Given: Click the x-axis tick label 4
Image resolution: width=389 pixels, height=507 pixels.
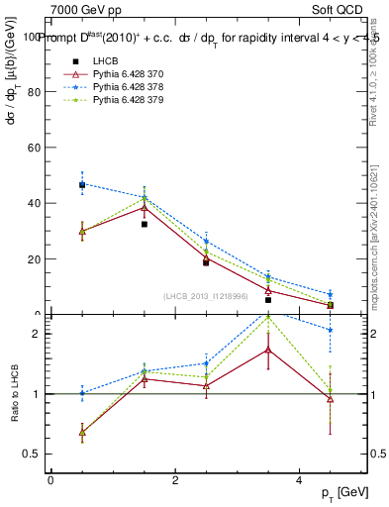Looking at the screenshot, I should point(299,480).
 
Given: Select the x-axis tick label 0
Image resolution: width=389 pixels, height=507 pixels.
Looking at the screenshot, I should point(50,480).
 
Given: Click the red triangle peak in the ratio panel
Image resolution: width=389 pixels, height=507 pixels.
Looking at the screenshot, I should point(268,349).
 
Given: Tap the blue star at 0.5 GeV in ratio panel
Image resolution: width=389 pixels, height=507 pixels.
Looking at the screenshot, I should point(82,393).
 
